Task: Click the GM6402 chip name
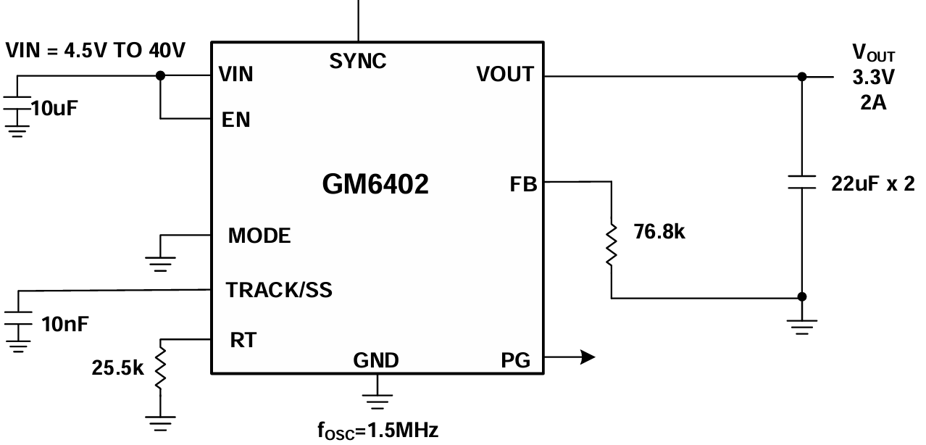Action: [375, 185]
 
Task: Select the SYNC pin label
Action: [358, 62]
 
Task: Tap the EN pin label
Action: [236, 120]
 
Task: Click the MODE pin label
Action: [259, 236]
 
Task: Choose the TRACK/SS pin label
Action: [279, 291]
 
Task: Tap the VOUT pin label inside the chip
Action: [505, 74]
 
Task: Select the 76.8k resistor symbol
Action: [612, 245]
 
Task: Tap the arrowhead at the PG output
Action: [587, 357]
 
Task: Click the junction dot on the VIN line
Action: [161, 75]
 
